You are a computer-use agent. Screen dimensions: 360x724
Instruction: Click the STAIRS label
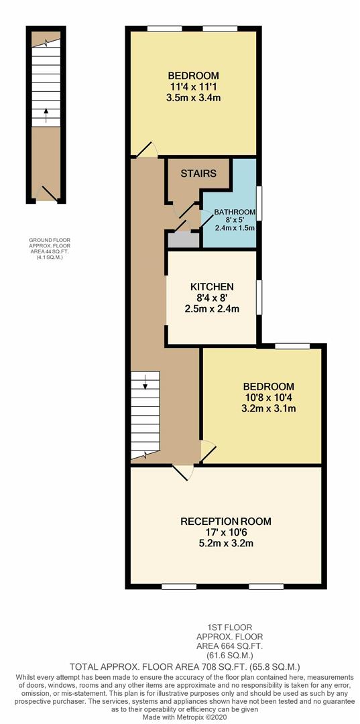[x=198, y=174]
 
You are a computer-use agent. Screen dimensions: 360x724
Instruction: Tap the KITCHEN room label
[x=211, y=286]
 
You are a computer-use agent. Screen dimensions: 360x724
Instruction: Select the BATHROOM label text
[x=235, y=213]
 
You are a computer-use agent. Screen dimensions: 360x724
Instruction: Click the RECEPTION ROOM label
[x=226, y=522]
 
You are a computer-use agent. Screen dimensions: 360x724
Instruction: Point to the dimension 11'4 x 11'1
[x=193, y=86]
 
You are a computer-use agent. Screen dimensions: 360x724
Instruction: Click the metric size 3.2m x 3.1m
[x=269, y=408]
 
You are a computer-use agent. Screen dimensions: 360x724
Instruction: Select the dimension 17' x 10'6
[x=226, y=532]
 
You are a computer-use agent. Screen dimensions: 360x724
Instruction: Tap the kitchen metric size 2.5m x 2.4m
[x=212, y=309]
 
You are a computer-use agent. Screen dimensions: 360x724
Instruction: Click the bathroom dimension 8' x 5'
[x=235, y=220]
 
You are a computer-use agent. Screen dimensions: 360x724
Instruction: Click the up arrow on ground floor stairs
[x=46, y=115]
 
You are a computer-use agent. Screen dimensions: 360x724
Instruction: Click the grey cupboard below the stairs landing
[x=183, y=240]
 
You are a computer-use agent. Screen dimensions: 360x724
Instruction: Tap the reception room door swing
[x=184, y=473]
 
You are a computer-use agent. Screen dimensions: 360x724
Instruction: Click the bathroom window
[x=259, y=204]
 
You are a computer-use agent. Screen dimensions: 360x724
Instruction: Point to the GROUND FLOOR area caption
[x=50, y=249]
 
